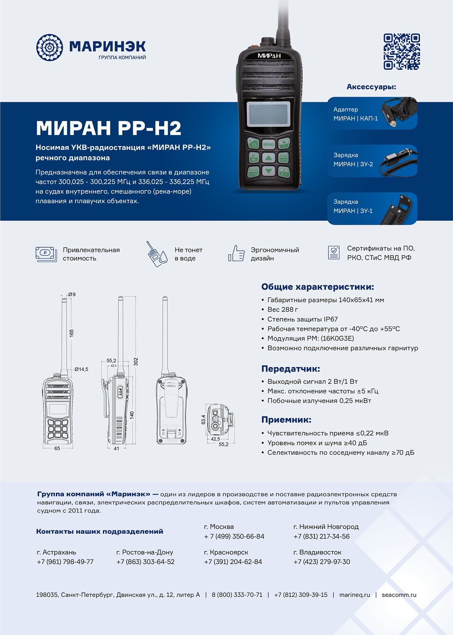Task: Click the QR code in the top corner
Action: pyautogui.click(x=401, y=51)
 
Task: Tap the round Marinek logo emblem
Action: pyautogui.click(x=50, y=47)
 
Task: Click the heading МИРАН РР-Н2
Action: pyautogui.click(x=108, y=128)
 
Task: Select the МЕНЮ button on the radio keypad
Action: pyautogui.click(x=268, y=144)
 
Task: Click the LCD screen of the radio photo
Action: pyautogui.click(x=268, y=113)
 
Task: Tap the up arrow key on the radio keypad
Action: pyautogui.click(x=268, y=158)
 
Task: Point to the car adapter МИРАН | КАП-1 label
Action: pyautogui.click(x=355, y=119)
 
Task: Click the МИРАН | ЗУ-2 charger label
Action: pyautogui.click(x=353, y=164)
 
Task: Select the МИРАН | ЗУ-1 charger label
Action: pyautogui.click(x=353, y=211)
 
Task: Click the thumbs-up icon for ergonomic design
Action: pyautogui.click(x=237, y=254)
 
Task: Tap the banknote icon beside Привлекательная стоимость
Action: pyautogui.click(x=46, y=254)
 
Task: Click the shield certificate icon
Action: pyautogui.click(x=334, y=253)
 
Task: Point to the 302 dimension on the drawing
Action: pyautogui.click(x=136, y=362)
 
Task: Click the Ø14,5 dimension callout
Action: pyautogui.click(x=81, y=369)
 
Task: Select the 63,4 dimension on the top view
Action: pyautogui.click(x=203, y=419)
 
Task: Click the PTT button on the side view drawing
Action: pyautogui.click(x=120, y=392)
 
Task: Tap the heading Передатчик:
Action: pyautogui.click(x=290, y=369)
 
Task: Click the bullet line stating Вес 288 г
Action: pyautogui.click(x=282, y=309)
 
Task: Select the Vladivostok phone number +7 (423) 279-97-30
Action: pyautogui.click(x=322, y=562)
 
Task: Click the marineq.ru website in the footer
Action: pyautogui.click(x=354, y=595)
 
